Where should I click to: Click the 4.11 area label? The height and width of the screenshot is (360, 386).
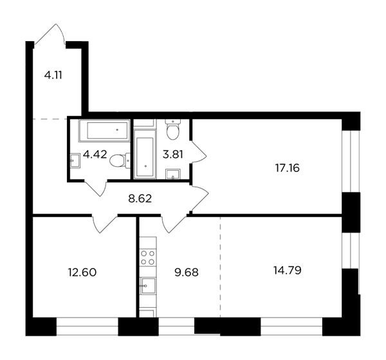(x=53, y=75)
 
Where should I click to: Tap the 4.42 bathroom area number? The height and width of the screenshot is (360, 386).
(x=95, y=155)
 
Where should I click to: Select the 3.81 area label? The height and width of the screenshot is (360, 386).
(x=173, y=155)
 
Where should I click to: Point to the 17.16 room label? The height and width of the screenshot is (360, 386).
(x=287, y=168)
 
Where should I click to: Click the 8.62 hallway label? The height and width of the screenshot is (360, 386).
(x=140, y=198)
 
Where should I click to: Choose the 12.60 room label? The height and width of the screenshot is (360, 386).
(x=82, y=272)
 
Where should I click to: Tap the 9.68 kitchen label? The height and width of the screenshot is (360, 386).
(x=187, y=272)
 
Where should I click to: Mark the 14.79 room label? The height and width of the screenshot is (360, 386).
(x=288, y=270)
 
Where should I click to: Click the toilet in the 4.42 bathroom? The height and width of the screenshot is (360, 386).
(x=120, y=160)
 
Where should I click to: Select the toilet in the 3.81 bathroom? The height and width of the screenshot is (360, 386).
(x=173, y=129)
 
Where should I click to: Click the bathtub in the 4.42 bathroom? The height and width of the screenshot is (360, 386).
(x=104, y=131)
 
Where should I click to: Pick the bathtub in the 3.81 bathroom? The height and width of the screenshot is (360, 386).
(x=145, y=154)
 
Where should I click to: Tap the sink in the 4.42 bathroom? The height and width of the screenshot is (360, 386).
(x=75, y=160)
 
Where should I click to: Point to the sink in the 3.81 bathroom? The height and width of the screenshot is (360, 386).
(x=173, y=174)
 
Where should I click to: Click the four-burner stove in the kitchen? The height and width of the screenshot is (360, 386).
(x=148, y=257)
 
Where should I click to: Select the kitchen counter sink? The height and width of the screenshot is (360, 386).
(x=148, y=285)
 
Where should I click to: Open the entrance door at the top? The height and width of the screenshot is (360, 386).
(x=50, y=35)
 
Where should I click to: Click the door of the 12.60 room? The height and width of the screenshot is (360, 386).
(x=104, y=223)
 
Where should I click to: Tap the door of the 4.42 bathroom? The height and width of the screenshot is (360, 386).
(x=95, y=189)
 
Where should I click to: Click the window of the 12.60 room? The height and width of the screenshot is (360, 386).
(x=87, y=327)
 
